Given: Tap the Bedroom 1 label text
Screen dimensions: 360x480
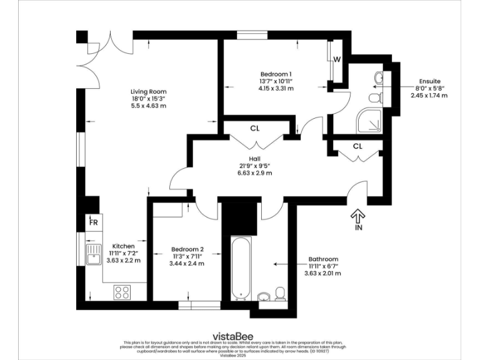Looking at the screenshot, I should [x=276, y=74].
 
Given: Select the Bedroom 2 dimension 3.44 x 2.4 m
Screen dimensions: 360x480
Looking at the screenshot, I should [x=187, y=263].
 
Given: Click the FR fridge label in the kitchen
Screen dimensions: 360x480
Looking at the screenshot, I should [x=93, y=222].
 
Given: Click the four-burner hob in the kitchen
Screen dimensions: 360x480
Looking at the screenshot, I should [x=122, y=291].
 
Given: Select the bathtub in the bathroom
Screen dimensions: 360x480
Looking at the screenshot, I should [x=239, y=269].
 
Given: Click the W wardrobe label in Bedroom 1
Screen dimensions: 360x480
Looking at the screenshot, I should [x=336, y=60].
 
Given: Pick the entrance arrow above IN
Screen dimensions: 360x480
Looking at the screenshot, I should [x=358, y=216].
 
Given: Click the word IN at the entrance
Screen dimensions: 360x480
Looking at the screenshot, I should [x=358, y=229].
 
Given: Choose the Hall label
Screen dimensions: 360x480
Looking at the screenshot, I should [x=254, y=159].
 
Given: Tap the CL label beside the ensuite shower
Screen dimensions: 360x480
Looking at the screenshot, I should [x=357, y=146].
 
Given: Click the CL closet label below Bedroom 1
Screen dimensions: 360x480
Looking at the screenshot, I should [x=254, y=129].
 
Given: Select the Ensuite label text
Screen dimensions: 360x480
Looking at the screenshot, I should [x=429, y=81].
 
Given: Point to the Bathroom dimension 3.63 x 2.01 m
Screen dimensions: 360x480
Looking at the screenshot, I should [x=323, y=273].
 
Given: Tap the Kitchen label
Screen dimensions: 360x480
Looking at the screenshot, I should [x=124, y=246].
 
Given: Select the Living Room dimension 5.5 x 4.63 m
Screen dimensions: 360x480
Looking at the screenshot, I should [x=148, y=106].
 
